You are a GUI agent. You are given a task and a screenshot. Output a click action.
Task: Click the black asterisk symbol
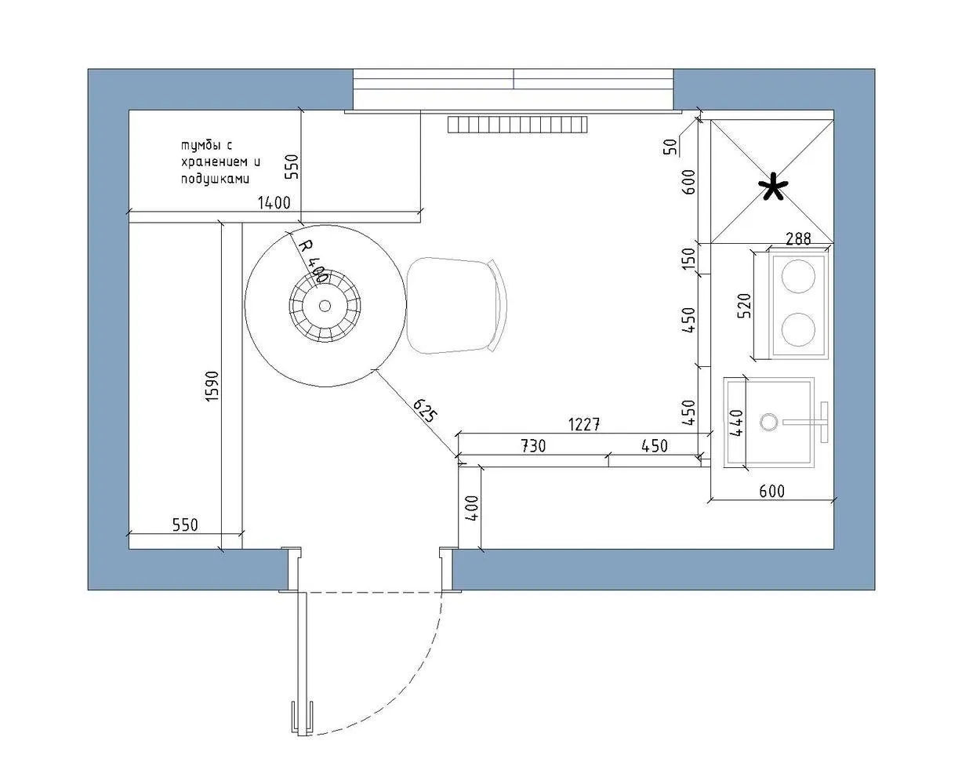click(773, 187)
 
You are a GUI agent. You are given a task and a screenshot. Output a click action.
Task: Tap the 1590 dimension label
click(212, 387)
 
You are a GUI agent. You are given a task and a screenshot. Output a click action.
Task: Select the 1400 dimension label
click(274, 202)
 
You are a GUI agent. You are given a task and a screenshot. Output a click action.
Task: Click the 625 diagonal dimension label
click(426, 410)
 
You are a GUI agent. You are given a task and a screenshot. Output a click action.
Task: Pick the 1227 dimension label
click(584, 425)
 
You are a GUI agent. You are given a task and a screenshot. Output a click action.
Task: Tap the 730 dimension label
click(533, 445)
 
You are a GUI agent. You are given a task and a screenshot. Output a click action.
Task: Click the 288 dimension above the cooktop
click(798, 238)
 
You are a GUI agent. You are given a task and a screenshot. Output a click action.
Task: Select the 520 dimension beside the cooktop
click(744, 306)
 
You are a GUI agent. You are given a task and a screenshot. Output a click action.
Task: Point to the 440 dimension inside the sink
click(736, 423)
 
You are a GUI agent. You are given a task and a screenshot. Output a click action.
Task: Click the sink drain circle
click(769, 423)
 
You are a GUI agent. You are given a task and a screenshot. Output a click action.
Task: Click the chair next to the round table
click(457, 305)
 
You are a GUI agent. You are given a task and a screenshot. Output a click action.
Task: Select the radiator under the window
click(517, 125)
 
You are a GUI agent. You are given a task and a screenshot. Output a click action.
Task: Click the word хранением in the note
click(220, 162)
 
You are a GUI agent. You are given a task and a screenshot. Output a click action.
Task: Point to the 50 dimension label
click(670, 147)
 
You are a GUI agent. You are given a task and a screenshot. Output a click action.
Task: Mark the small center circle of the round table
click(325, 306)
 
